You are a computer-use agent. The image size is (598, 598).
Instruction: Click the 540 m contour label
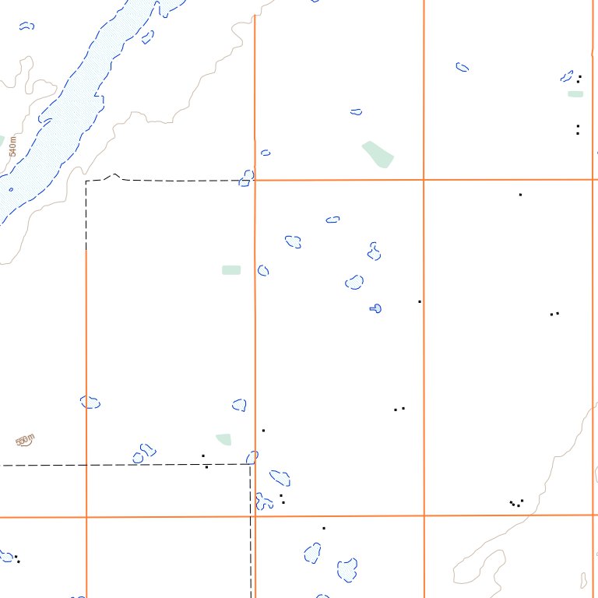12,146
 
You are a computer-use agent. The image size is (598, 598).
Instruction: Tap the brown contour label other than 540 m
25,441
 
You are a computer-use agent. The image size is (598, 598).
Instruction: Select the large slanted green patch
378,153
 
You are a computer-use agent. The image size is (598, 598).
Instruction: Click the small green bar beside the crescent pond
575,94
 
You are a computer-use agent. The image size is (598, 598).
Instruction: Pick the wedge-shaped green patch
224,439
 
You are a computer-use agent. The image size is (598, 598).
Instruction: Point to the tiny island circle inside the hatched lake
11,188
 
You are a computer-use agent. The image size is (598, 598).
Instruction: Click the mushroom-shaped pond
375,308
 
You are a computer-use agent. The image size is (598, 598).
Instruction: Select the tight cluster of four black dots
515,503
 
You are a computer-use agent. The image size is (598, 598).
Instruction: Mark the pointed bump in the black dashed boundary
114,175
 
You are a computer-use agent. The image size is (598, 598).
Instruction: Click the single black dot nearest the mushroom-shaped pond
420,301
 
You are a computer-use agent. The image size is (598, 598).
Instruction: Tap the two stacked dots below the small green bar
578,129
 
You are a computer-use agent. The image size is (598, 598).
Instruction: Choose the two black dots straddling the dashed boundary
205,461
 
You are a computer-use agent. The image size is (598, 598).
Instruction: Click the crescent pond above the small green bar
567,76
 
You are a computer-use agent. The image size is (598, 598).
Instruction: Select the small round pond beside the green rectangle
263,270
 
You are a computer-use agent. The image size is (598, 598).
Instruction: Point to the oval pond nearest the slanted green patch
356,112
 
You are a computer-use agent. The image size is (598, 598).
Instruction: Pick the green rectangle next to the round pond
231,270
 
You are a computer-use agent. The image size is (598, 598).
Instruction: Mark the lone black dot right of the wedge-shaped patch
263,430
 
